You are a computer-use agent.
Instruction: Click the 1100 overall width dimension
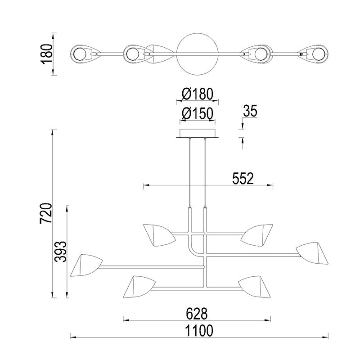199,331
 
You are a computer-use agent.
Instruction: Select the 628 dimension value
197,314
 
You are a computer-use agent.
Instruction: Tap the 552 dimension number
243,178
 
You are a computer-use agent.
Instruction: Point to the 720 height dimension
46,213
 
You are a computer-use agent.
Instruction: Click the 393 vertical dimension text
60,252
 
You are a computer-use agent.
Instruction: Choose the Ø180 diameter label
198,94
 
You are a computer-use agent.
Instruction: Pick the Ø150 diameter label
198,114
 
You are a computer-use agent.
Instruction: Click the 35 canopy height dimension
250,111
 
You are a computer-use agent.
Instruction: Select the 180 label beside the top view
46,54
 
